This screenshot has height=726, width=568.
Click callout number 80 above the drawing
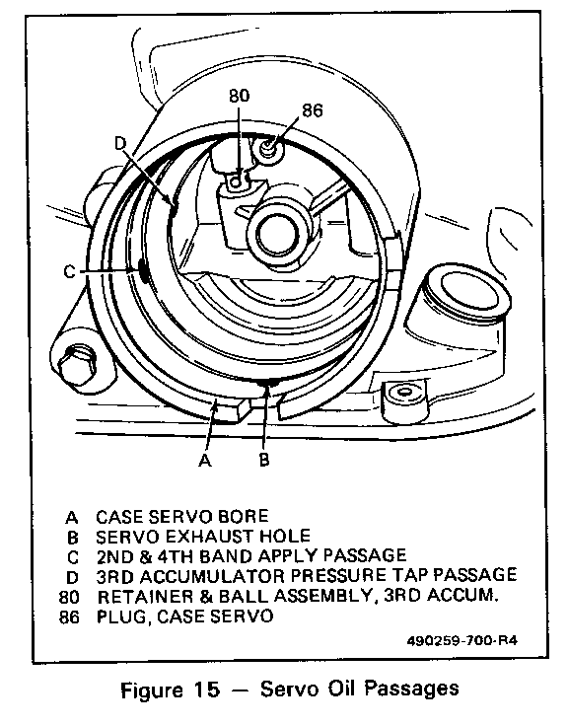point(239,96)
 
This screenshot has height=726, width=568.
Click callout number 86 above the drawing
point(313,110)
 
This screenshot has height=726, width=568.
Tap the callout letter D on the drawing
point(120,143)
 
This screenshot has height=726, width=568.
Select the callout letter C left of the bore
point(69,271)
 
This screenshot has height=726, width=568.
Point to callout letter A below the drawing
point(204,460)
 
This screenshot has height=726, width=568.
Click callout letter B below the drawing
point(264,460)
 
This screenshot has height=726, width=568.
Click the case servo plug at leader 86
point(268,149)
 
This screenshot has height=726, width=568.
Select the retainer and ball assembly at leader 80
point(237,181)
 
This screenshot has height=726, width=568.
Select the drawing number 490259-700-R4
point(461,641)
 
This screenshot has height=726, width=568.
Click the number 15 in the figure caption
point(206,690)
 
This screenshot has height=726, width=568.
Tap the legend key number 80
point(69,598)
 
